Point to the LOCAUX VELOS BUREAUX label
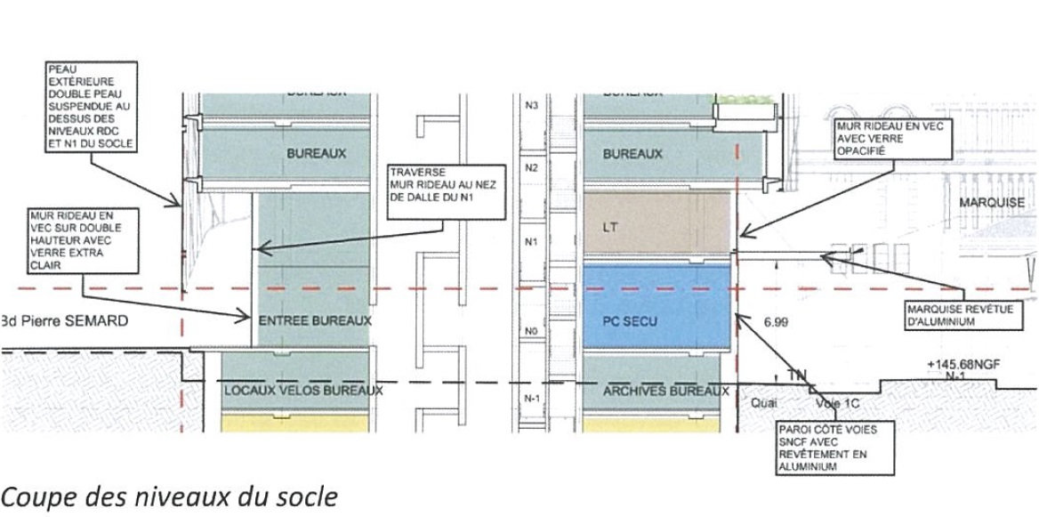click(303, 390)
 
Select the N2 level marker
click(533, 167)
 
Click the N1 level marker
click(533, 242)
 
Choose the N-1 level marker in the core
click(533, 398)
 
